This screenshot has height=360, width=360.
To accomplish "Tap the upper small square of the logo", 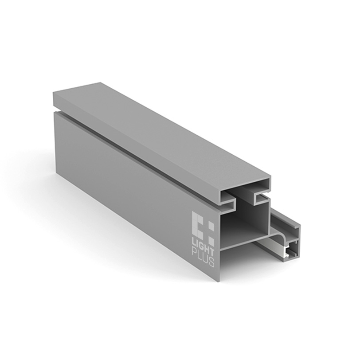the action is (211, 227).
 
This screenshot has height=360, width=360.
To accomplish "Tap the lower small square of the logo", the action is (211, 241).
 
